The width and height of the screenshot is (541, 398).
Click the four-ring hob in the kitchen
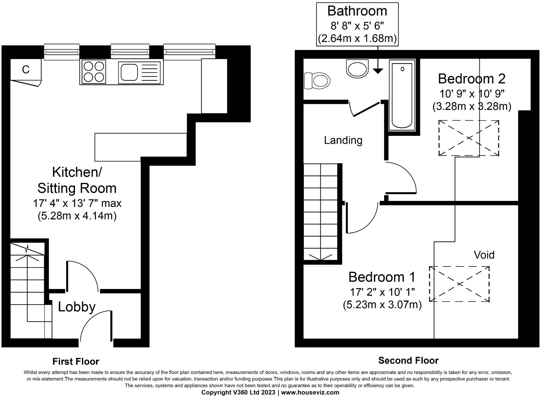94,72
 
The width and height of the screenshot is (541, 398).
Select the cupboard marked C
26,70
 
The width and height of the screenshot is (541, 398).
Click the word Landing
343,140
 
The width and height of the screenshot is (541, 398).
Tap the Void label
484,255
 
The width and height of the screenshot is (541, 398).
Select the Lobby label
77,307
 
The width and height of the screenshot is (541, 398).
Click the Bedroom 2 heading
472,79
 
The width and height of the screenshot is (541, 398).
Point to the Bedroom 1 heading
382,277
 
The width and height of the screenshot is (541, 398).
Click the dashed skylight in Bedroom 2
469,138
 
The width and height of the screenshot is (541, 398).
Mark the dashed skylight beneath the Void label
459,284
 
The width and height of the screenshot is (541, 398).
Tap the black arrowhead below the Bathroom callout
378,71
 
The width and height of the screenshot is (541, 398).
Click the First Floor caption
76,361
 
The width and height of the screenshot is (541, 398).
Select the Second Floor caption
408,360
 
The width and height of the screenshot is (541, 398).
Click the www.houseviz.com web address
310,392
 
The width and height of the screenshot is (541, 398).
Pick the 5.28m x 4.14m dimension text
77,216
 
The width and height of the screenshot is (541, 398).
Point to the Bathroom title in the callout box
357,11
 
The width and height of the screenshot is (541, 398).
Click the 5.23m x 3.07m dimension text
382,305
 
